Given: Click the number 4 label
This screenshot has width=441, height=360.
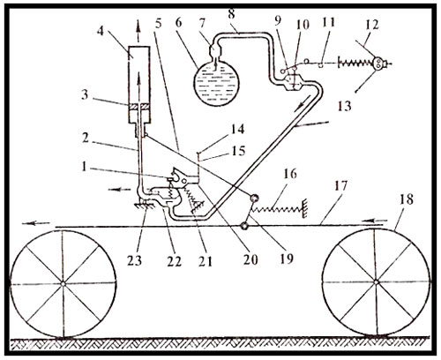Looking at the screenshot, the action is pos(101,31).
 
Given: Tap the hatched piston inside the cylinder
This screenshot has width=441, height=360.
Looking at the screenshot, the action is pos(138,107).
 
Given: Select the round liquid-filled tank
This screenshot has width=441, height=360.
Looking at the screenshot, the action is pos(216,82).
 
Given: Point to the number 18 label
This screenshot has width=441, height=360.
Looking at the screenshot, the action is pos(406,199).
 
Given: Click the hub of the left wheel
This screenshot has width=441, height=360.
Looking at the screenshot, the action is pos(63,283).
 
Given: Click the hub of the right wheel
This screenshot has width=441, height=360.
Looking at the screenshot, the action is pos(376,282).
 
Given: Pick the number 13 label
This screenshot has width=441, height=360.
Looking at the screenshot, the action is pos(344,106).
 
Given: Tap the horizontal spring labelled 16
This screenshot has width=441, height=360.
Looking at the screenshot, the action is pos(279,209).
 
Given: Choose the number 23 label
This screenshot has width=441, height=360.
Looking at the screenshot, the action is pos(134,260).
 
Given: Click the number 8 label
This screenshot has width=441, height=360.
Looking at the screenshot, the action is pos(232,14).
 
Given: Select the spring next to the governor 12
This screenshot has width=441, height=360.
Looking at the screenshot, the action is pos(356,64).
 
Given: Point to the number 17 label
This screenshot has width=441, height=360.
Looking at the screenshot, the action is pos(341,186).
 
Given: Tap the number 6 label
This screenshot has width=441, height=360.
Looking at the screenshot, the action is pos(179,23).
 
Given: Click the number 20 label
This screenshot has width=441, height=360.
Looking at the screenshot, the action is pos(250,259).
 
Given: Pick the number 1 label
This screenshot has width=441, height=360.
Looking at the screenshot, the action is pos(84,167).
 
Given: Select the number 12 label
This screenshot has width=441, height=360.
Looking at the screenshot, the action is pos(371,25).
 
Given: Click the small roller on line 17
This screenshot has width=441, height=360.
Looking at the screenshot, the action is pos(244,226).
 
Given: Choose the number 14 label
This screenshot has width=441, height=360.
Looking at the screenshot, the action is pos(237,129).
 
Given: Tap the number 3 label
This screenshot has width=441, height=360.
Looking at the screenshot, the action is pos(85,94).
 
